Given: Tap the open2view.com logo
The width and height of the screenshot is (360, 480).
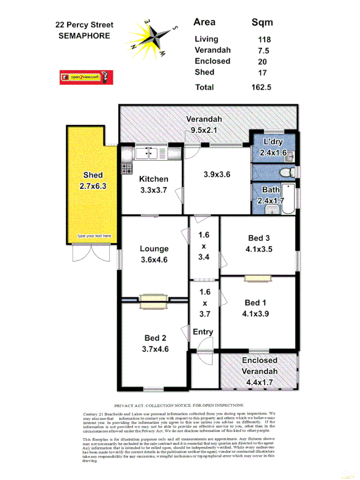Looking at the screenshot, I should pos(86,77).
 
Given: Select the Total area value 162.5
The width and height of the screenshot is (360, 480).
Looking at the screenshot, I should pos(261,87).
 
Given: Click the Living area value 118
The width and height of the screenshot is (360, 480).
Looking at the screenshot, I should pos(264,39).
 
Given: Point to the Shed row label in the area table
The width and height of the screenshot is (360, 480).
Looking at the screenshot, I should pos(204,72).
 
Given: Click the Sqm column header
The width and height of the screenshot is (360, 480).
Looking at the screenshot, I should pos(262,22).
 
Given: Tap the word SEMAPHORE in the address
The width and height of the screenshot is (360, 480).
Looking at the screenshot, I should pos(84,36).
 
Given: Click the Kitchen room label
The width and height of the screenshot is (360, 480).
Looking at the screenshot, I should pos(154,179).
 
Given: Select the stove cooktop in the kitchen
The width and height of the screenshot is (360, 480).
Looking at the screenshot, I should pos(127,169).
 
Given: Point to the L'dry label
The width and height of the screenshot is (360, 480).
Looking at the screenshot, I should pos(273,142).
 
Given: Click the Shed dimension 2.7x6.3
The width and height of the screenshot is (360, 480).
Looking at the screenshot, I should pos(93,186).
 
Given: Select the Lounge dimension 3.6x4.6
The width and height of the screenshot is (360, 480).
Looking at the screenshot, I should pos(154,260).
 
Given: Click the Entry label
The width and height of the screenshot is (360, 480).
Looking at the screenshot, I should pos(203,332).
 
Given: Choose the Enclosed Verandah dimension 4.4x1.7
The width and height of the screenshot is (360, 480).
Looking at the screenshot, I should pos(260,382).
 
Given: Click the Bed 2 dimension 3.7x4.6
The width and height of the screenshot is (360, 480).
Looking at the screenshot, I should pos(155,349).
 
